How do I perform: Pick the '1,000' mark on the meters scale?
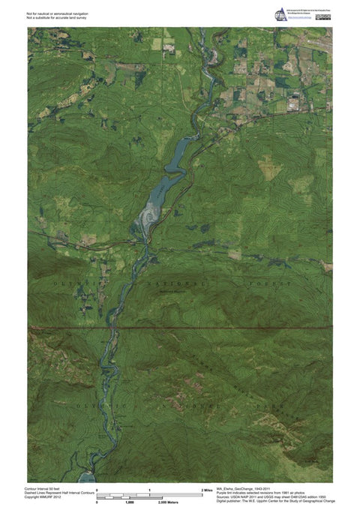tap(129, 502)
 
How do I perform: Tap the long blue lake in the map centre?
tap(172, 165)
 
